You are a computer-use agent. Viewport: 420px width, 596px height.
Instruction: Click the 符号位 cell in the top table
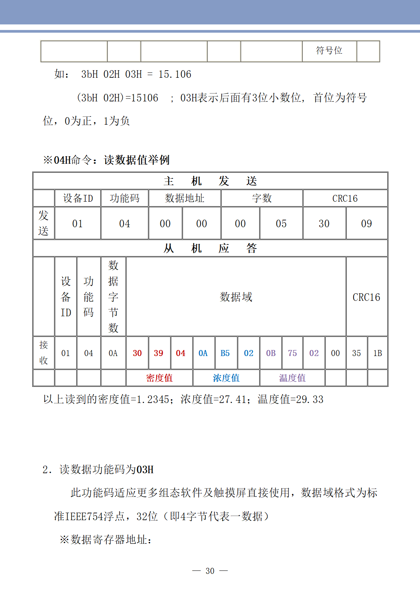(x=329, y=51)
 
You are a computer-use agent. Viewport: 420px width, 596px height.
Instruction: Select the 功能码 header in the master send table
(x=124, y=198)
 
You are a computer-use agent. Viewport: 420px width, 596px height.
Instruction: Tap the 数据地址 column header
(x=184, y=198)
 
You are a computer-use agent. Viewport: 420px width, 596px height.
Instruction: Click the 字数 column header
(x=262, y=198)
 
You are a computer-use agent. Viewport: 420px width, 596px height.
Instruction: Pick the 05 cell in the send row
(x=281, y=224)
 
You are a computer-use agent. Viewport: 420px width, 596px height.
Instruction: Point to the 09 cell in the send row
(x=366, y=224)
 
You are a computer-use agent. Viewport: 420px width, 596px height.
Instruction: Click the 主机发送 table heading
(x=210, y=181)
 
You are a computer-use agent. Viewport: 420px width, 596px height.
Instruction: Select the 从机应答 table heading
(x=210, y=248)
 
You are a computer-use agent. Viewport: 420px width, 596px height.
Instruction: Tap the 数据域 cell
(x=236, y=297)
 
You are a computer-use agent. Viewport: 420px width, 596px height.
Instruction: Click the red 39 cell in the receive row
(x=159, y=353)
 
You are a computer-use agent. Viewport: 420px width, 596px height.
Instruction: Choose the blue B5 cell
(x=225, y=353)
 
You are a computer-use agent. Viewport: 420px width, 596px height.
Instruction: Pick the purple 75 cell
(x=292, y=353)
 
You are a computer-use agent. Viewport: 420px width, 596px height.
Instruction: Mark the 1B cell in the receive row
(x=378, y=353)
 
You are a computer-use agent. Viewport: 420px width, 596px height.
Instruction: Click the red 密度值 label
(x=159, y=378)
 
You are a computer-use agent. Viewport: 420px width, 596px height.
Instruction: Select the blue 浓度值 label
(x=226, y=378)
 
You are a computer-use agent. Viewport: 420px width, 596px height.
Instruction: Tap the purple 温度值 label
(x=292, y=378)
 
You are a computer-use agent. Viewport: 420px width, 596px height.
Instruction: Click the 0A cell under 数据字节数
(x=113, y=353)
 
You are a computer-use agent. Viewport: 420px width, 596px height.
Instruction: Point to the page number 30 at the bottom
(x=210, y=571)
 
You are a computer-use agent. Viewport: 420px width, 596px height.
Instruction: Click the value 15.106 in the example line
(x=175, y=74)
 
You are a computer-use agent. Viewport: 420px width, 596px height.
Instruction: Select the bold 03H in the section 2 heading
(x=145, y=470)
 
